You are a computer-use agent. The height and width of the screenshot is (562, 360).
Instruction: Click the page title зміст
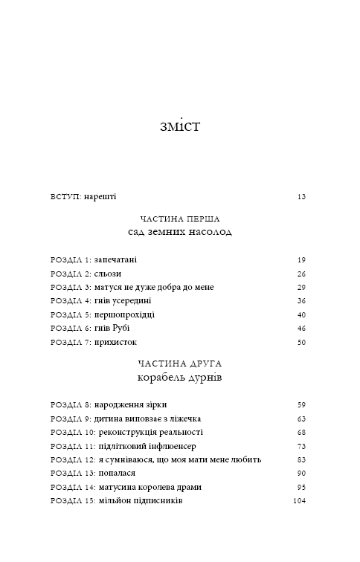tap(180, 125)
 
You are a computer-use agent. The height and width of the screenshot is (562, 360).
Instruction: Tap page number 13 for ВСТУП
tap(301, 197)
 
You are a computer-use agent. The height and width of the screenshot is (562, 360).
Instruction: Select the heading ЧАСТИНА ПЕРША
tap(180, 219)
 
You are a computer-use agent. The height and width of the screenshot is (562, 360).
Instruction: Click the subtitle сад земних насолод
tap(180, 232)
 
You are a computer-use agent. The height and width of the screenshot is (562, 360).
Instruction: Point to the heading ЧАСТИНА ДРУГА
tap(180, 364)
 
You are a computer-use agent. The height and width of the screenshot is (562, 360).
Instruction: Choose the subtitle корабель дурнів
tap(180, 378)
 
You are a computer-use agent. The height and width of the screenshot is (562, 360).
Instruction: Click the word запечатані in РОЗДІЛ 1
tap(115, 260)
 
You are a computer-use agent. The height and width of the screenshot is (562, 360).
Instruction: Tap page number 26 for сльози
tap(301, 274)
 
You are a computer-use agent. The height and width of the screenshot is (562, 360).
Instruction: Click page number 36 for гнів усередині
tap(301, 300)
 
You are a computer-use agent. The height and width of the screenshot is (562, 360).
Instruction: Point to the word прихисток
tap(116, 342)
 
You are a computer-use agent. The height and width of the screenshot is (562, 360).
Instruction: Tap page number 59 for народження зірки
tap(301, 405)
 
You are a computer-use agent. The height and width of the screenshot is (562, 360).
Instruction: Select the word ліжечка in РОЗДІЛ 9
tap(183, 419)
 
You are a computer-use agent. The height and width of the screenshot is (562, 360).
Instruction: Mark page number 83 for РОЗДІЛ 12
tap(301, 459)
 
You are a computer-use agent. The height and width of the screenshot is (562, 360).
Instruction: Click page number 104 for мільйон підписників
tap(299, 501)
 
